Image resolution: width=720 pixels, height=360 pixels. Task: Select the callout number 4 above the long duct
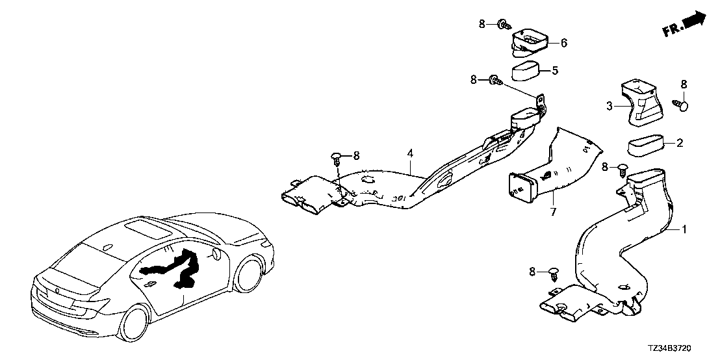coord(410,153)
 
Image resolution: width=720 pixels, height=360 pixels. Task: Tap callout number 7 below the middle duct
coord(553,212)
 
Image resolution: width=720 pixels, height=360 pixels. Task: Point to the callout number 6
coord(563,43)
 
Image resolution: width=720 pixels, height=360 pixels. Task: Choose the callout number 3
coord(610,106)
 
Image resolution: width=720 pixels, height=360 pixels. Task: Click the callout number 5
coord(555,71)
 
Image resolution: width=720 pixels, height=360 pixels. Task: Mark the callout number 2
coord(680,143)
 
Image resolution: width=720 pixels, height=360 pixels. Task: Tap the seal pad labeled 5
coord(525,71)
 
